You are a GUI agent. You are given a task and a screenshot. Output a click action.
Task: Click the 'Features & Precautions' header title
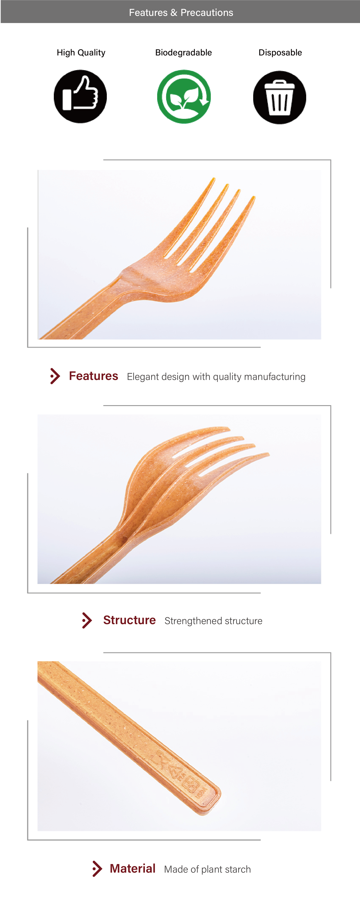click(x=181, y=13)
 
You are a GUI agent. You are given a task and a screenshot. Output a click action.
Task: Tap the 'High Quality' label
click(x=81, y=53)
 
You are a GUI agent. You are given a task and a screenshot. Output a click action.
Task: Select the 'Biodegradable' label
click(x=183, y=53)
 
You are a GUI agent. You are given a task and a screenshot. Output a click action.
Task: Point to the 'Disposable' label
click(x=280, y=53)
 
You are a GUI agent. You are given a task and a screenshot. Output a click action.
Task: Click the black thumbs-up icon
click(x=80, y=96)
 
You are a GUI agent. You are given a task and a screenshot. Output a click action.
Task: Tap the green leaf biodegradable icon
click(x=184, y=96)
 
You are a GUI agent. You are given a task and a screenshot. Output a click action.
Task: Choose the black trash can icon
click(x=280, y=97)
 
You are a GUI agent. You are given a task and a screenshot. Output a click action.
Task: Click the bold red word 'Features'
click(x=93, y=376)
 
